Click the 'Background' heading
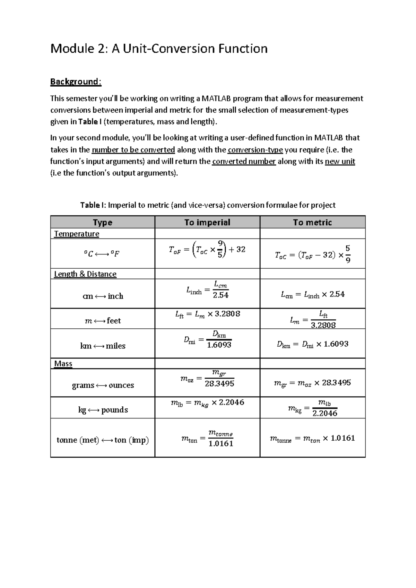[x=75, y=81]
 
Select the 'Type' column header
[x=102, y=222]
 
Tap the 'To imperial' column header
[x=207, y=222]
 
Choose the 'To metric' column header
[x=312, y=222]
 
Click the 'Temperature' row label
[x=77, y=234]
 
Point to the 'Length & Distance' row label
[x=85, y=274]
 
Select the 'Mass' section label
[x=63, y=363]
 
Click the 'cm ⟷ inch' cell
[x=103, y=296]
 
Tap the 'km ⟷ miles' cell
[x=103, y=346]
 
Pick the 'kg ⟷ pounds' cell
[x=103, y=410]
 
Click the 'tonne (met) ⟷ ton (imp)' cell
[x=103, y=440]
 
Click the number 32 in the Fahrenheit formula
[x=241, y=249]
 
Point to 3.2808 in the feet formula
[x=227, y=314]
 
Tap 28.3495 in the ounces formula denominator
[x=219, y=383]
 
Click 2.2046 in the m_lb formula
[x=232, y=402]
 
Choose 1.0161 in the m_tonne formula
[x=343, y=438]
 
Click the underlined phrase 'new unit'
[x=340, y=161]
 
